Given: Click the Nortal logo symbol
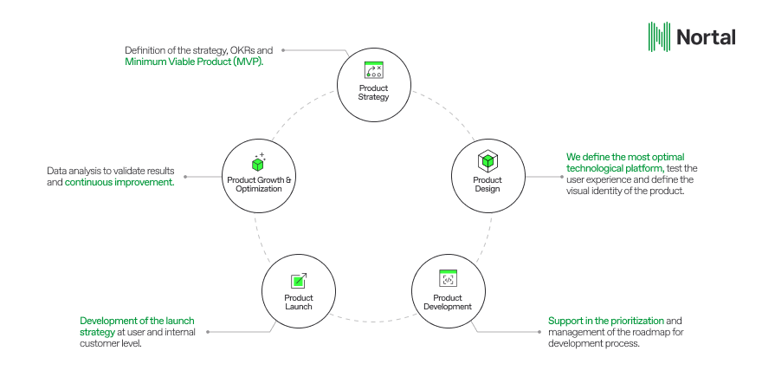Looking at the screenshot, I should point(660,36).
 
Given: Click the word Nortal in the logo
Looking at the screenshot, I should point(706,37).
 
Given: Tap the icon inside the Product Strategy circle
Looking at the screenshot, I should point(374,70).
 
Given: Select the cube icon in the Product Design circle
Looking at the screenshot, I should point(488,160).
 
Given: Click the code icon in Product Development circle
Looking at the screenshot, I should point(448,278).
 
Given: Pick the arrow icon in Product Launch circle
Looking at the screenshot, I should point(299,280).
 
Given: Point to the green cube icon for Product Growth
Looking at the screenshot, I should point(257,163).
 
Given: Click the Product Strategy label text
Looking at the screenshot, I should point(374,93).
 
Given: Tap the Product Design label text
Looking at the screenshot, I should point(488,185).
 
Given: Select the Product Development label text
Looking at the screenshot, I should point(448,302).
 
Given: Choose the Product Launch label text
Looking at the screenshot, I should point(299,302).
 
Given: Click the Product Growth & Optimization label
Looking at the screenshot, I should point(260,185).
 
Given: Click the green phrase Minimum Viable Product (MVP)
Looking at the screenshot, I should point(194,62).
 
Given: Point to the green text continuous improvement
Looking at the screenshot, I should point(119,183).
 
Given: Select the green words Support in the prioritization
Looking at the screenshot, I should point(596,321).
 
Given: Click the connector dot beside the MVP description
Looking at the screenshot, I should point(282,50).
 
